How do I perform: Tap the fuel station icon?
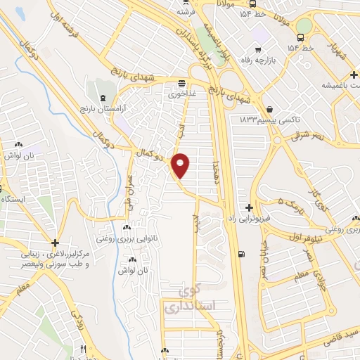click(243, 255)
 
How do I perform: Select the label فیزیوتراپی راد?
click(250, 219)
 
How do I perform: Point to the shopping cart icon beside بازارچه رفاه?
click(258, 49)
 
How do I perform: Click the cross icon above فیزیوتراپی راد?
click(250, 207)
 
